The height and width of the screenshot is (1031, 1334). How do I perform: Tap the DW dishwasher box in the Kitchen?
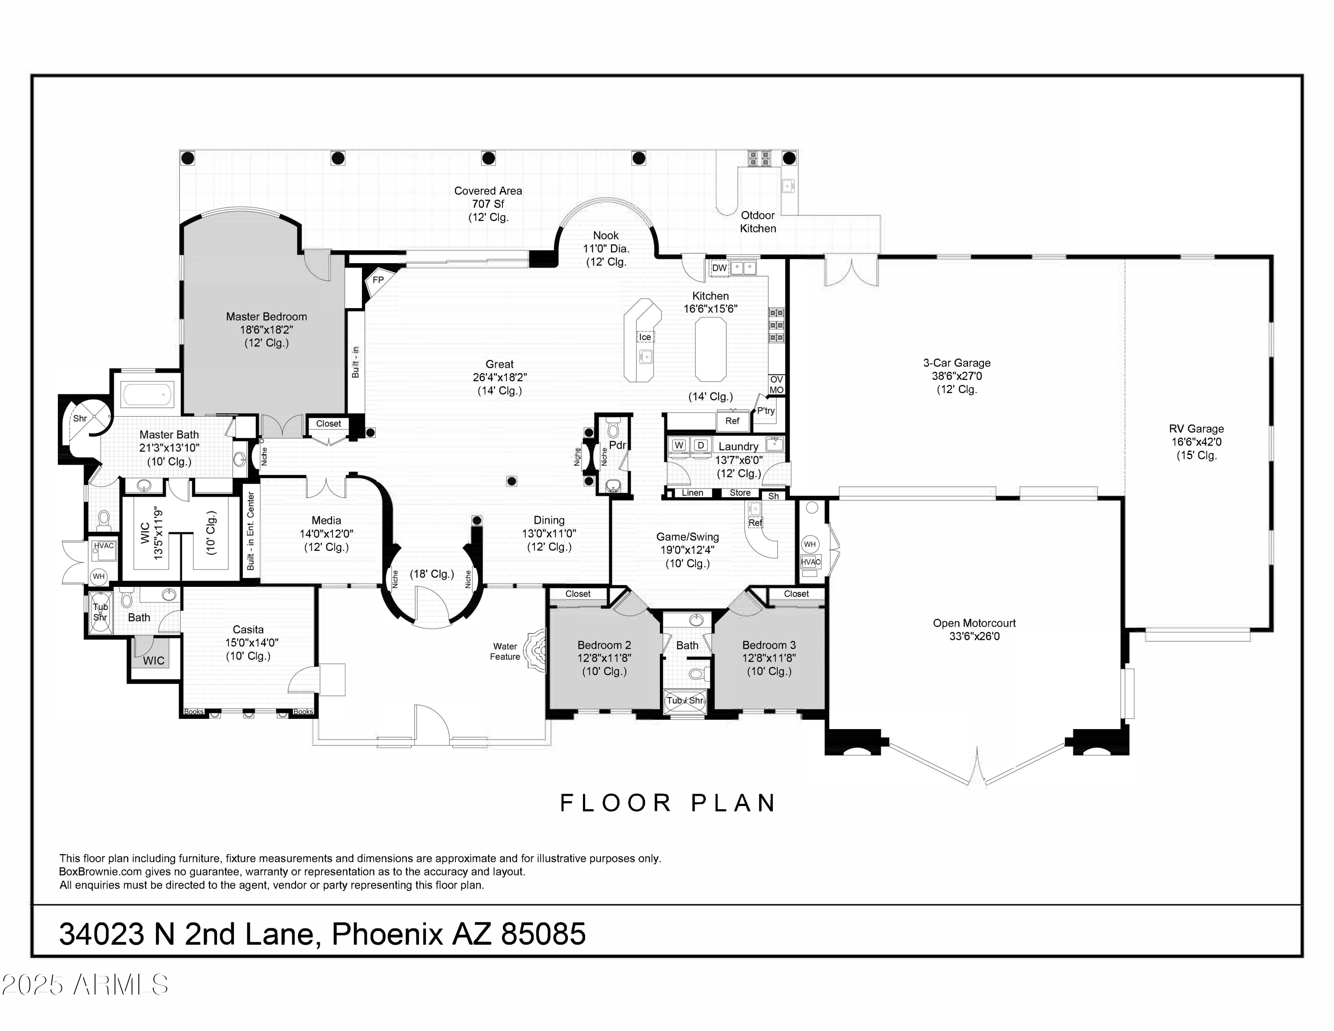tap(719, 268)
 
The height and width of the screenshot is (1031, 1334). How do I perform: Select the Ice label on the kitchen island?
tap(645, 337)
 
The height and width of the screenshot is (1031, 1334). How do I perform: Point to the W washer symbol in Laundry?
tap(679, 445)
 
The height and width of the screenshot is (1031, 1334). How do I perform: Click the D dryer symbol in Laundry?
tap(701, 445)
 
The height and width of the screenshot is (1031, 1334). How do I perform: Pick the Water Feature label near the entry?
tap(505, 652)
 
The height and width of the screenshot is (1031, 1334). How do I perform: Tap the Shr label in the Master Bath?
tap(80, 419)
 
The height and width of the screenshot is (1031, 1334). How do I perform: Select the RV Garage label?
tap(1197, 429)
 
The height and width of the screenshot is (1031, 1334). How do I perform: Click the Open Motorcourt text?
tap(974, 623)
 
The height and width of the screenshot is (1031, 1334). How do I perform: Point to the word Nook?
tap(606, 236)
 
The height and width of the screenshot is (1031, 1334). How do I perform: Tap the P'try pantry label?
tap(766, 410)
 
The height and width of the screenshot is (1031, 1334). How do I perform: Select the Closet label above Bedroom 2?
tap(578, 594)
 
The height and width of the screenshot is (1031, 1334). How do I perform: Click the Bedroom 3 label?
tap(769, 645)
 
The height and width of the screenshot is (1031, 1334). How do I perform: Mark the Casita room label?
tap(248, 630)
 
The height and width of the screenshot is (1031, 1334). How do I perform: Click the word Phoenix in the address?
tap(387, 935)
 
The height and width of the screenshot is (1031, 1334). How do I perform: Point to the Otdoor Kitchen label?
tap(758, 222)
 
